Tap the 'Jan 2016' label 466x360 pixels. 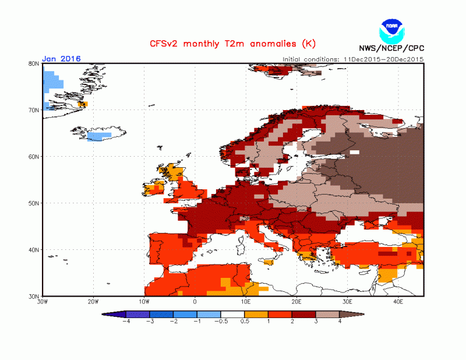tap(61, 59)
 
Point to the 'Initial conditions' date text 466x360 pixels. tap(353, 59)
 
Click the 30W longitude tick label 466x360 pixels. tap(43, 302)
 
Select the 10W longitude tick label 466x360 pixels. tap(144, 302)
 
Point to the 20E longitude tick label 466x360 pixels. tap(297, 302)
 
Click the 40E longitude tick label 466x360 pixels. tap(399, 302)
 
